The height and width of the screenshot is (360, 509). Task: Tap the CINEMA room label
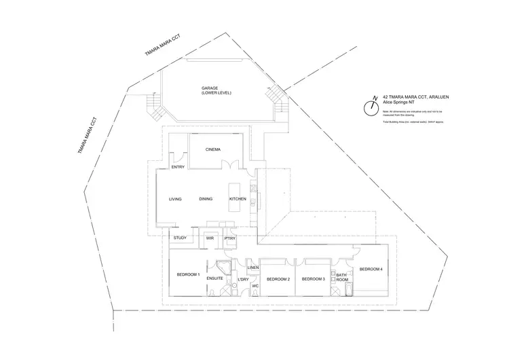[x=213, y=149]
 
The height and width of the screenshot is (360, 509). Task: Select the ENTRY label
[x=178, y=166]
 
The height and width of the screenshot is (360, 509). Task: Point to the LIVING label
[x=176, y=199]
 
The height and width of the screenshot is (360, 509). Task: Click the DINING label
[x=206, y=199]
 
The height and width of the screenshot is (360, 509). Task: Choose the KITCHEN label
[x=237, y=199]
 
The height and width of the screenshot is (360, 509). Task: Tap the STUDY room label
[x=180, y=238]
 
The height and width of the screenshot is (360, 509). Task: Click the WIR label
[x=210, y=238]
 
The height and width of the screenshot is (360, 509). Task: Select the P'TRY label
[x=229, y=238]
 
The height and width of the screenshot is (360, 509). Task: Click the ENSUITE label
[x=215, y=278]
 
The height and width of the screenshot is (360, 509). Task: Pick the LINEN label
[x=252, y=268]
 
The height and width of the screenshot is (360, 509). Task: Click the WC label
[x=255, y=286]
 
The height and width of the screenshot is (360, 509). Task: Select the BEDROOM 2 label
[x=278, y=279]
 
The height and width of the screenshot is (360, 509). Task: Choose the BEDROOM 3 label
[x=314, y=279]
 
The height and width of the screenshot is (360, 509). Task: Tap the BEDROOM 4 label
[x=371, y=270]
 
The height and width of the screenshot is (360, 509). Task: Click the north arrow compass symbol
[x=372, y=107]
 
